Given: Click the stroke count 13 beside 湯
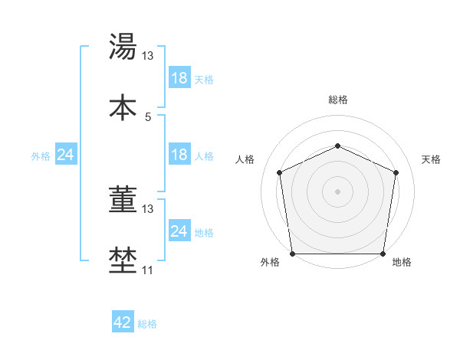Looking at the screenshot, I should (148, 55).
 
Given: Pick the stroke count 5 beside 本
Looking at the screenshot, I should (148, 116).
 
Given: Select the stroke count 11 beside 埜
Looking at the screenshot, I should (148, 270).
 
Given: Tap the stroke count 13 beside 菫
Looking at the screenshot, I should (148, 208).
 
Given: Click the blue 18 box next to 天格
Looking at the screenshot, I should (179, 77).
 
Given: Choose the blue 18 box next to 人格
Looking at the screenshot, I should (179, 155).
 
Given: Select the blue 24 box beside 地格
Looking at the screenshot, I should (179, 231).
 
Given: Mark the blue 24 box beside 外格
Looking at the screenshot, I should (65, 155).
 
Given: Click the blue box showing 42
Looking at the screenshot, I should (122, 322).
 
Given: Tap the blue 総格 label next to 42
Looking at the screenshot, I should (147, 324).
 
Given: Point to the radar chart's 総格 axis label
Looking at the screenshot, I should (337, 100).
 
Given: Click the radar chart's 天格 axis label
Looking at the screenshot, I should (432, 159).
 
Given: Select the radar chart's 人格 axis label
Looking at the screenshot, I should (245, 159).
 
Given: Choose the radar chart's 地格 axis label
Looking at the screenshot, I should (402, 263).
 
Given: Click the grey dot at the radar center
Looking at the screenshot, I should (337, 191).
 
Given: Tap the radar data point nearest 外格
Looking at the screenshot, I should (293, 253).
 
